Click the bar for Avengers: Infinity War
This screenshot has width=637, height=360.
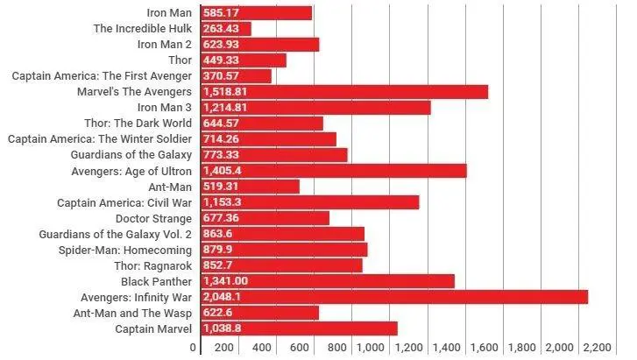tap(394, 297)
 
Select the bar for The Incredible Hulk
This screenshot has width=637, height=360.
tap(226, 29)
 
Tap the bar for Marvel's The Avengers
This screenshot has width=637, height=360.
tap(344, 92)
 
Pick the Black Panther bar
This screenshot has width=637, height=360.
tap(328, 281)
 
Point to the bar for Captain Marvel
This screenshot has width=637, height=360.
tap(299, 328)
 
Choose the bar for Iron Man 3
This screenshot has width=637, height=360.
tap(315, 108)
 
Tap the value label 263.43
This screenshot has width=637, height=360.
tap(221, 29)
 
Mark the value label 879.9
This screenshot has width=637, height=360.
tap(217, 250)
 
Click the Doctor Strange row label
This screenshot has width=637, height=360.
tap(159, 218)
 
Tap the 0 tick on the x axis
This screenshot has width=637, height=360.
tap(194, 348)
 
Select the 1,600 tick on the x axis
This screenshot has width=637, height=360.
tap(489, 348)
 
